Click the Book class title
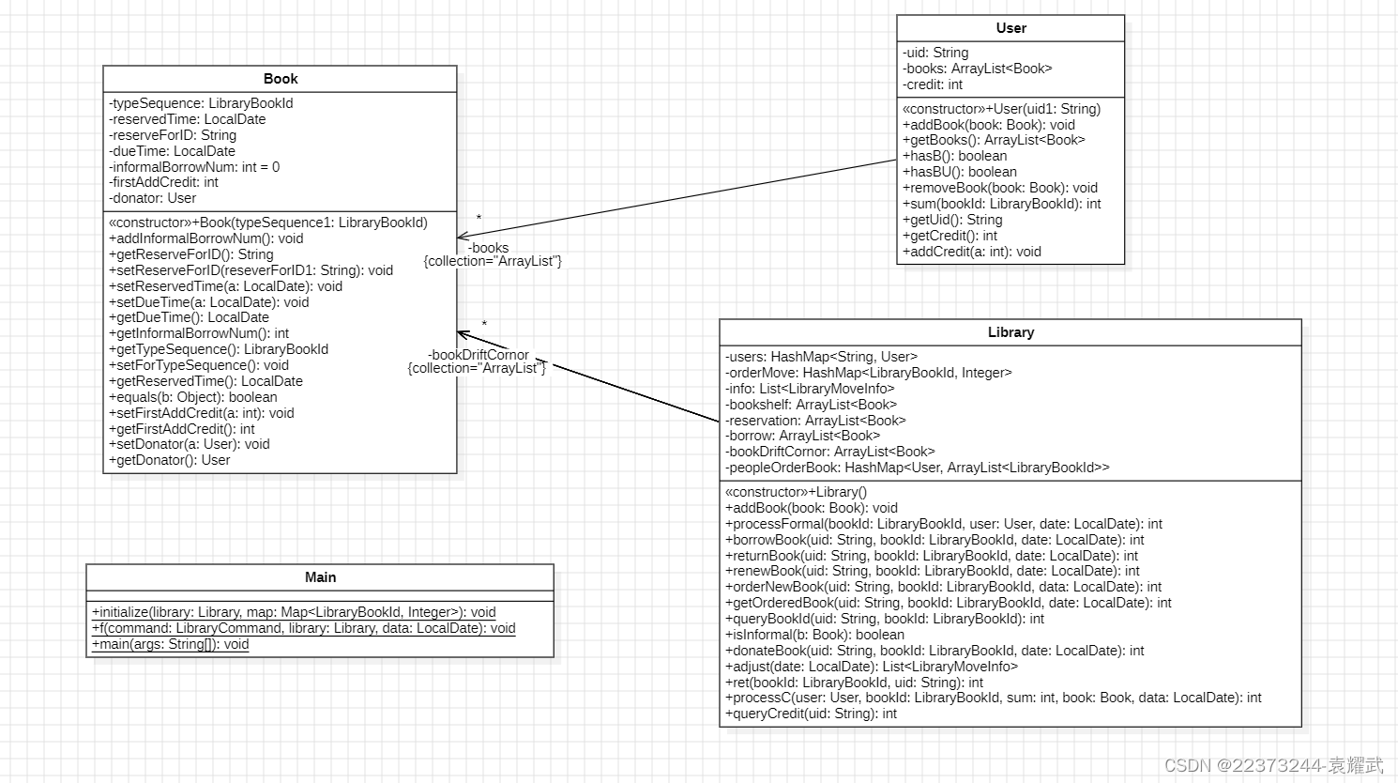(280, 79)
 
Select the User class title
(1011, 28)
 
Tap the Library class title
(1011, 332)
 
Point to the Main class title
(320, 577)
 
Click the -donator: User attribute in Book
(153, 198)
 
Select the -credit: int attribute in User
(933, 84)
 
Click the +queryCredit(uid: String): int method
(811, 714)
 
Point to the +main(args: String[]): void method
(170, 644)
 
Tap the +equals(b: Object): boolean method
(193, 397)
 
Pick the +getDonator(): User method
(170, 460)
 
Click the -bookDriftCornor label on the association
(479, 355)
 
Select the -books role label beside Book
(489, 248)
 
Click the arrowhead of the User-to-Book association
(461, 238)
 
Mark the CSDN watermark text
(1273, 765)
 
